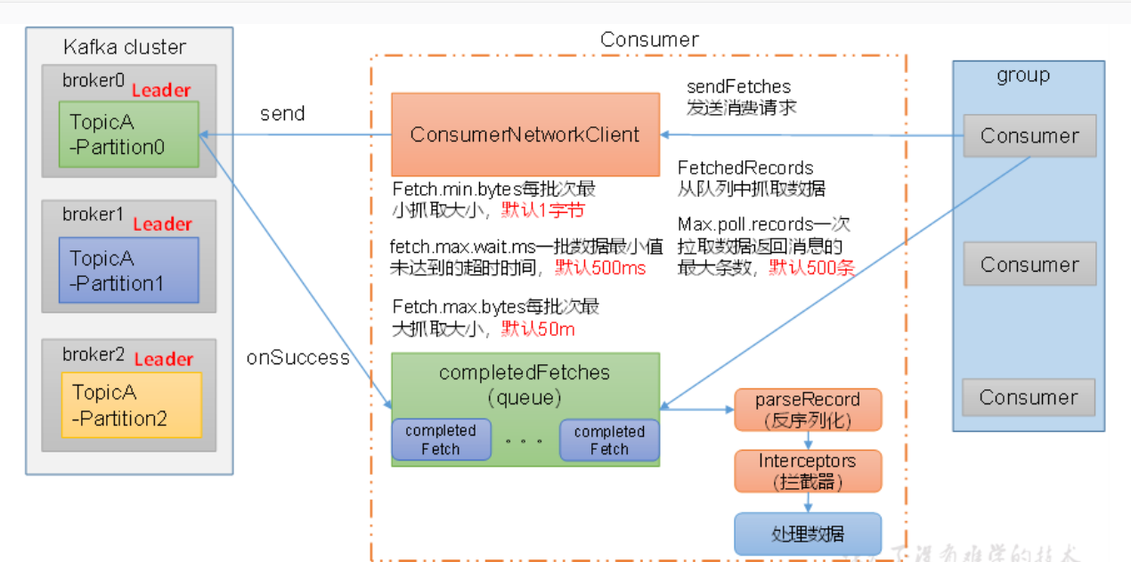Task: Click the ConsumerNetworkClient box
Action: [x=525, y=134]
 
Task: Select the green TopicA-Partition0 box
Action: [x=128, y=134]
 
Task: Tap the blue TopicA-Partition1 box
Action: [x=128, y=270]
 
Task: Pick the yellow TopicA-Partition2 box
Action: [x=131, y=404]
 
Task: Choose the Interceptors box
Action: [x=807, y=471]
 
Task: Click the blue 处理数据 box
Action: [x=807, y=533]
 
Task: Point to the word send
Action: [x=282, y=114]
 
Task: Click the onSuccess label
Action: [x=297, y=358]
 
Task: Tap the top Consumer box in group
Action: [x=1029, y=136]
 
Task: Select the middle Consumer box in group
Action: [x=1029, y=265]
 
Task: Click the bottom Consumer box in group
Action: [x=1029, y=397]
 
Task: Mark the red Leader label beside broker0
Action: [x=161, y=90]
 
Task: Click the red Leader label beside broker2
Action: [x=164, y=359]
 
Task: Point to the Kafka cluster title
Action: [x=125, y=47]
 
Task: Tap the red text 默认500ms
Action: [x=601, y=267]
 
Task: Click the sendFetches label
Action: [x=738, y=86]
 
